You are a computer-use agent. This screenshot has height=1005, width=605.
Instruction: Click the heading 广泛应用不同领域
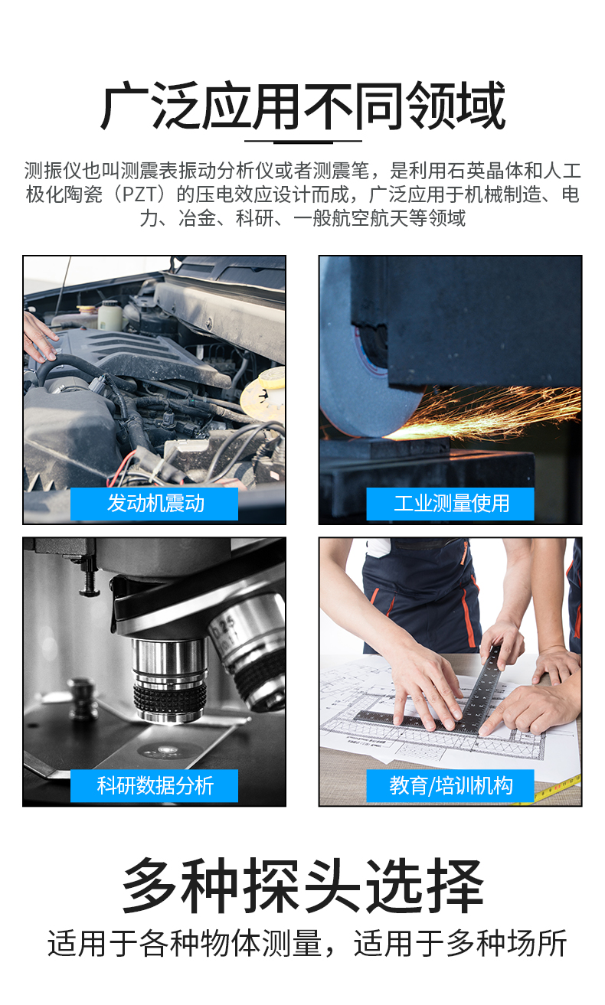click(303, 106)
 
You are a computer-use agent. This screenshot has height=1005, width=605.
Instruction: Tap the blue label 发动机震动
click(154, 504)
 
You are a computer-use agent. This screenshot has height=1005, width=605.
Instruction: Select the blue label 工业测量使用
click(450, 504)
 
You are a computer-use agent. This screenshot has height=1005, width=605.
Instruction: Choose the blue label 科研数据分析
click(154, 785)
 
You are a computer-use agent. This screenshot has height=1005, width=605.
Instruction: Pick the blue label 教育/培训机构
click(450, 785)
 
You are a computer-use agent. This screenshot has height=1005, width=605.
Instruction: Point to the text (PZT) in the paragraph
click(140, 194)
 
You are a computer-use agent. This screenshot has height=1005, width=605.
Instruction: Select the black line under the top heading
click(303, 141)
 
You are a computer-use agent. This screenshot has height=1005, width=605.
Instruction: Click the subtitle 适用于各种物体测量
click(185, 943)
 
